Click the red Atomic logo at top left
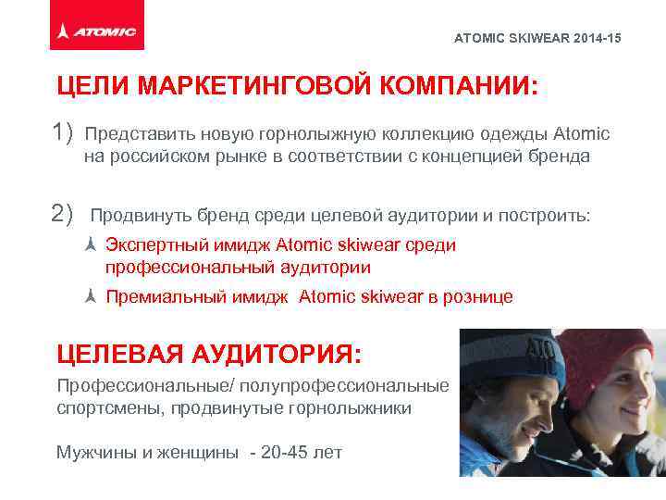pyautogui.click(x=96, y=31)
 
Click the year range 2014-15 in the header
pyautogui.click(x=598, y=38)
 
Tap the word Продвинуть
pyautogui.click(x=138, y=216)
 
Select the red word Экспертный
pyautogui.click(x=152, y=245)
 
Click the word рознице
pyautogui.click(x=479, y=297)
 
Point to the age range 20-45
pyautogui.click(x=289, y=453)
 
